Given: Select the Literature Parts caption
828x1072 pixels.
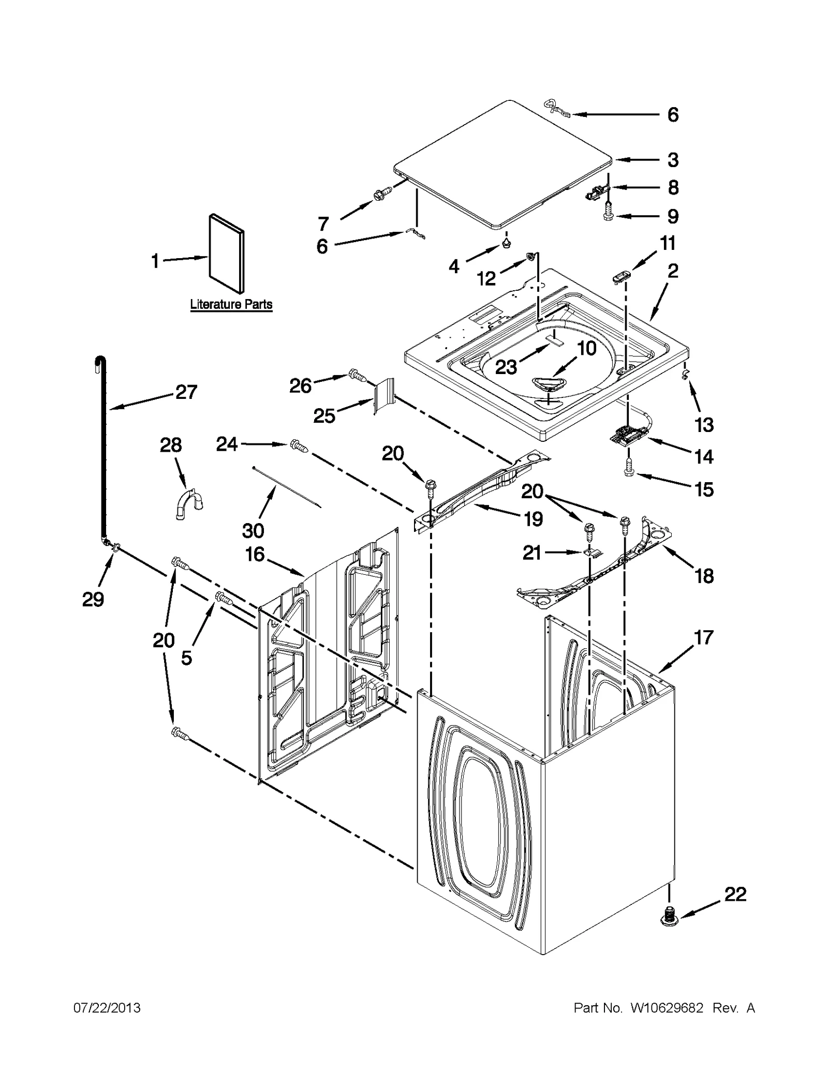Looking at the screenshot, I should pyautogui.click(x=231, y=304).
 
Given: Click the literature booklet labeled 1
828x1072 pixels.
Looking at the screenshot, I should pyautogui.click(x=226, y=254).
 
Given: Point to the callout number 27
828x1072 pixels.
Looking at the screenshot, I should pyautogui.click(x=186, y=392).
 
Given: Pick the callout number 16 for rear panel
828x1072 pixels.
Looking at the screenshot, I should pyautogui.click(x=255, y=554).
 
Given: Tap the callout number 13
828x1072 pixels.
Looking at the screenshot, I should pyautogui.click(x=704, y=425).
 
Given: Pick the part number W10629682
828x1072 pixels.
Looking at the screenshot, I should pyautogui.click(x=667, y=1008).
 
